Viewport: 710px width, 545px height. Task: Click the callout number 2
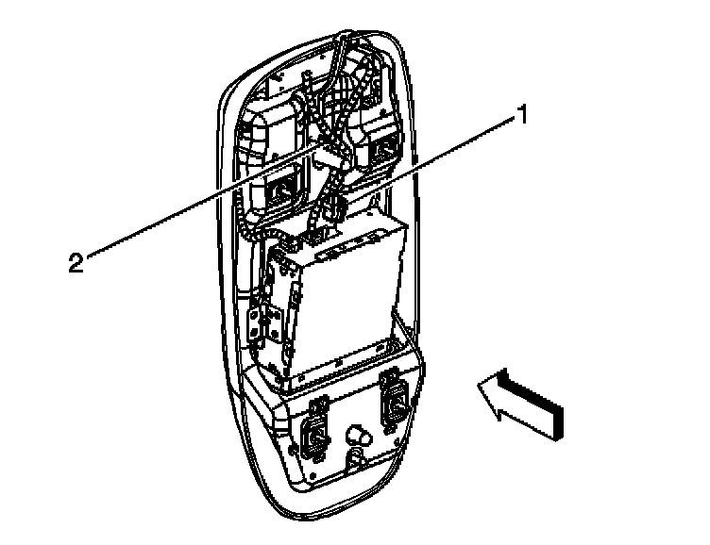pyautogui.click(x=76, y=261)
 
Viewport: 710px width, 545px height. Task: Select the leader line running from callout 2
pyautogui.click(x=189, y=206)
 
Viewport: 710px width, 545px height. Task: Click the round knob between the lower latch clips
pyautogui.click(x=358, y=436)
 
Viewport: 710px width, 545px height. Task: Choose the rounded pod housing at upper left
pyautogui.click(x=268, y=137)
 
